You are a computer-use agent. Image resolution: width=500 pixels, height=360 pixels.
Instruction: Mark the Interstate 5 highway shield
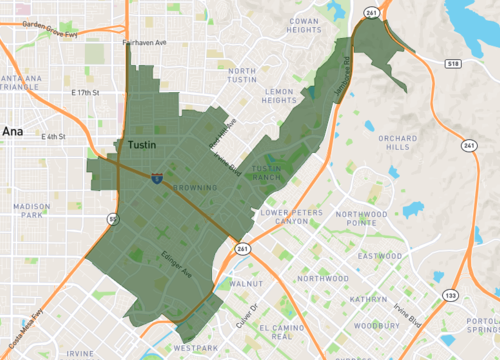(x=157, y=177)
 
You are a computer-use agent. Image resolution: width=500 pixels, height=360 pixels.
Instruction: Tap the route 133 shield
(x=452, y=296)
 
